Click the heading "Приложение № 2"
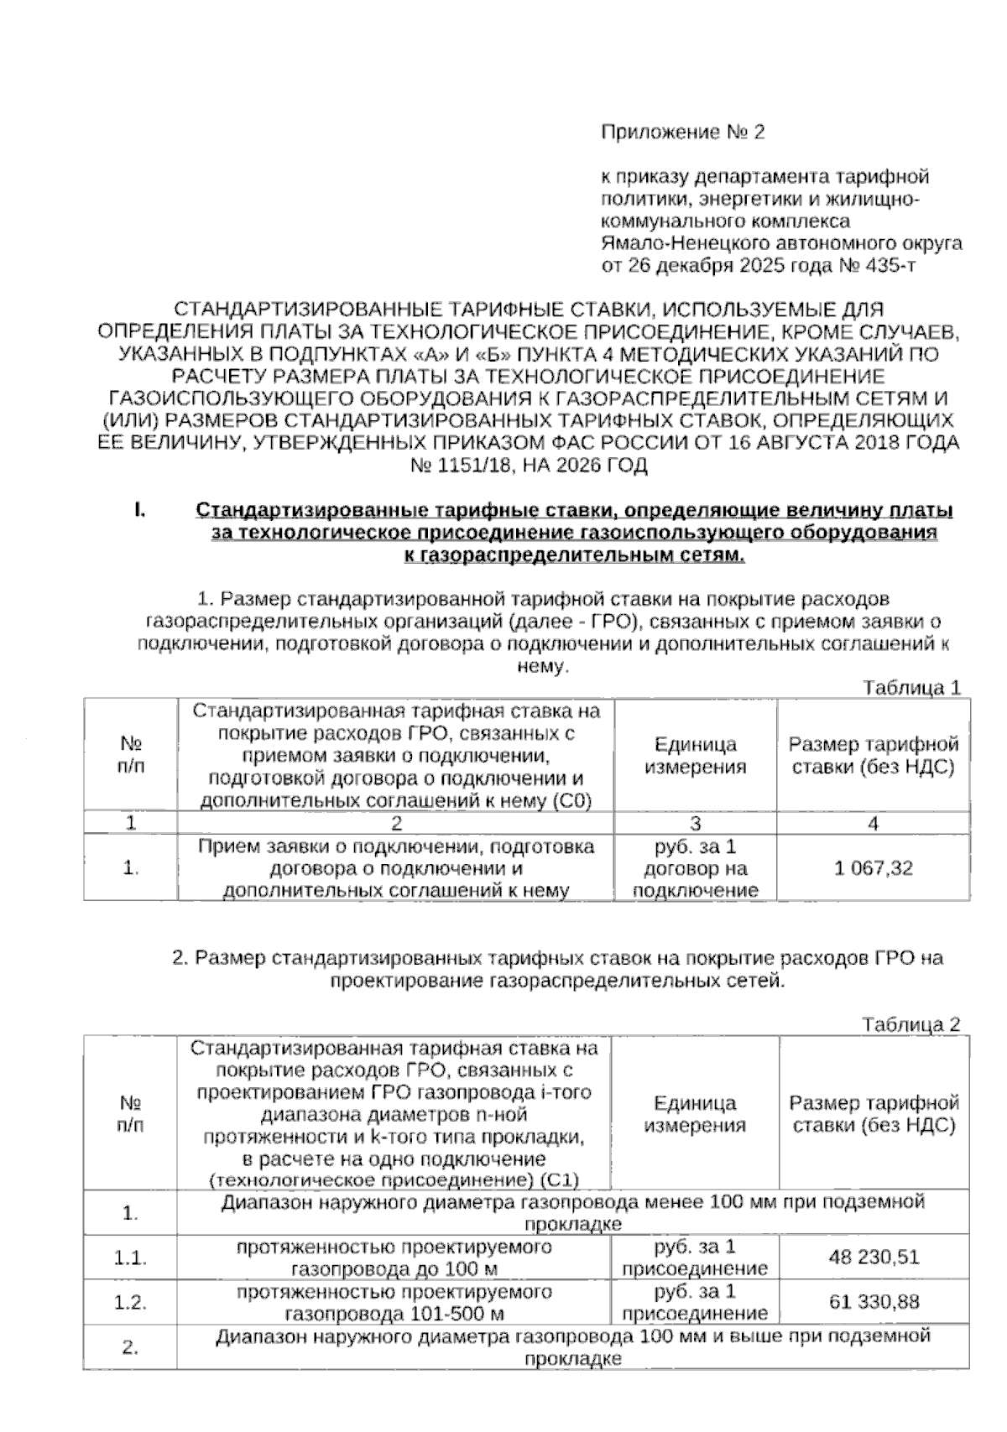click(x=683, y=133)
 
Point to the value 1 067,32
click(x=873, y=868)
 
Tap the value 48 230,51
click(x=874, y=1257)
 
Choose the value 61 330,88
click(x=874, y=1302)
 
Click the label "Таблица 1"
click(x=912, y=688)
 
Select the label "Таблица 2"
click(x=911, y=1024)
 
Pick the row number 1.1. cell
click(x=131, y=1258)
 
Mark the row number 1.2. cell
click(x=131, y=1303)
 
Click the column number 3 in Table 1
click(x=695, y=824)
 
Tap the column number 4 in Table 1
click(x=873, y=824)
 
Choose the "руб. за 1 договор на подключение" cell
click(x=695, y=868)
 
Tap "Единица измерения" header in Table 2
click(x=695, y=1114)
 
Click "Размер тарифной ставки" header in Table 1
click(x=873, y=755)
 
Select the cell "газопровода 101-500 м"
click(x=394, y=1313)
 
